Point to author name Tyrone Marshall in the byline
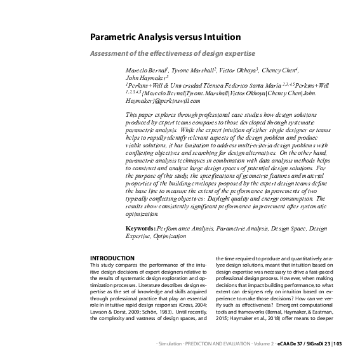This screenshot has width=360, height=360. pyautogui.click(x=192, y=72)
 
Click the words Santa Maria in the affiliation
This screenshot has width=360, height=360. pyautogui.click(x=244, y=84)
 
